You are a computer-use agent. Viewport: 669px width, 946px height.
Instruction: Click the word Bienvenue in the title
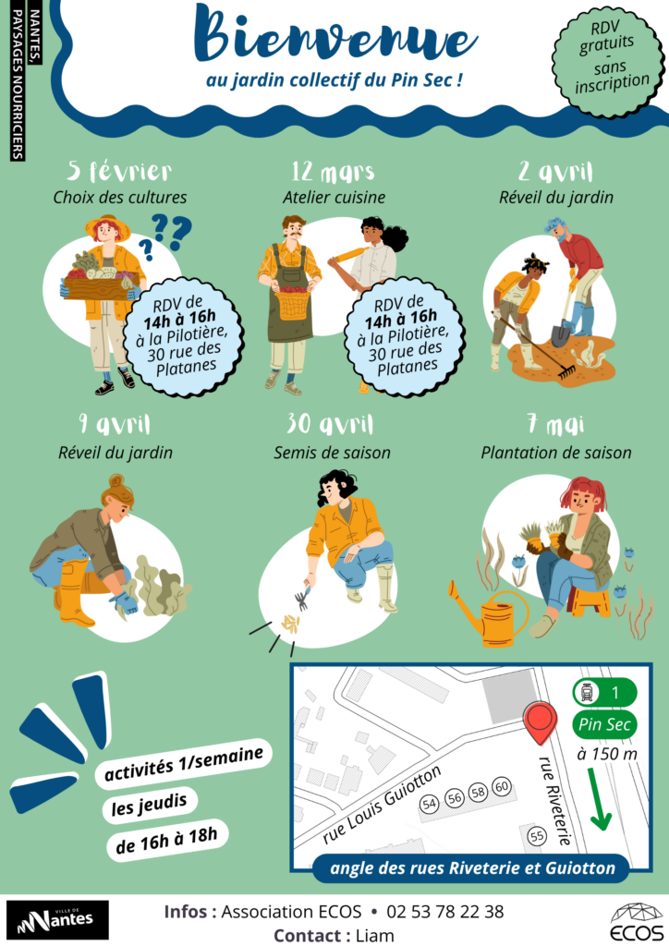pyautogui.click(x=334, y=37)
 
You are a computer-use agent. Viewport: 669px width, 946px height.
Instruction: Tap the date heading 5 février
pyautogui.click(x=119, y=171)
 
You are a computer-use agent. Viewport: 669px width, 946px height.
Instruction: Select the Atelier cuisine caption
pyautogui.click(x=334, y=198)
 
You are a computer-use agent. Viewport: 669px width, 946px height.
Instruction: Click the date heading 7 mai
pyautogui.click(x=555, y=425)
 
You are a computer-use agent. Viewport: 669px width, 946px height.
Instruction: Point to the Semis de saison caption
pyautogui.click(x=332, y=453)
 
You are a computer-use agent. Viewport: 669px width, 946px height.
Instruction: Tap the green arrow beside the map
pyautogui.click(x=601, y=798)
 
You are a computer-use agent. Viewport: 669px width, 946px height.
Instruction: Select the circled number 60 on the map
pyautogui.click(x=502, y=787)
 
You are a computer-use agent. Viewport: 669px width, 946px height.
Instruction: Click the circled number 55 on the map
pyautogui.click(x=536, y=836)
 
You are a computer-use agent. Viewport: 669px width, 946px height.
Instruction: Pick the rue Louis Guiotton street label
pyautogui.click(x=382, y=804)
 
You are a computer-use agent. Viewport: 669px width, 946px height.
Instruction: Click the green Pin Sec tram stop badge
pyautogui.click(x=603, y=724)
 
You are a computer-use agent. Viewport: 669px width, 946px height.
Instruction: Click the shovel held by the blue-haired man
pyautogui.click(x=564, y=316)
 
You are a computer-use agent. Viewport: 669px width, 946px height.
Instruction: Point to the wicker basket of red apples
pyautogui.click(x=294, y=302)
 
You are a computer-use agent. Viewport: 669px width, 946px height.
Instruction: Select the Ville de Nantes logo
pyautogui.click(x=57, y=920)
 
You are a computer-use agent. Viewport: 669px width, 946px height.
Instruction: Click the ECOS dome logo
pyautogui.click(x=637, y=921)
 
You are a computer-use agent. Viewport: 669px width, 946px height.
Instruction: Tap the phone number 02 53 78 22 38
pyautogui.click(x=445, y=912)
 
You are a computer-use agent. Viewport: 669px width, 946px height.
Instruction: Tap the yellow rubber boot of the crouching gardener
pyautogui.click(x=74, y=594)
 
